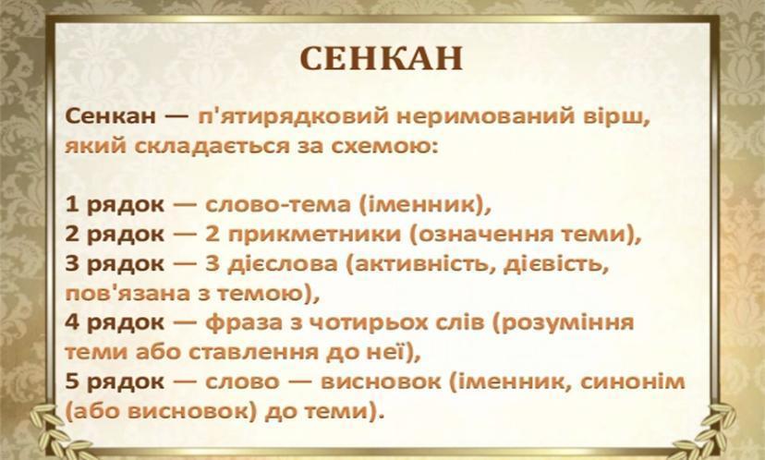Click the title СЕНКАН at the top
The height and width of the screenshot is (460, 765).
coord(381,58)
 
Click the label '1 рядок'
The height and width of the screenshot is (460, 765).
coord(115,206)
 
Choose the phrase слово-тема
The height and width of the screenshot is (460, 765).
coord(277,205)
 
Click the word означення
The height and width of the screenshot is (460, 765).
coord(479,236)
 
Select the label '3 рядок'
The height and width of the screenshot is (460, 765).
coord(115,264)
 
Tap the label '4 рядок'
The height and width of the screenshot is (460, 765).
coord(115,323)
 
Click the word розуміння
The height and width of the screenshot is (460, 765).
coord(563,323)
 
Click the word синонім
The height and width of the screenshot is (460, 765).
coord(633,381)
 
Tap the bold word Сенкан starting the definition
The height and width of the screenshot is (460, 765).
coord(111,117)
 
